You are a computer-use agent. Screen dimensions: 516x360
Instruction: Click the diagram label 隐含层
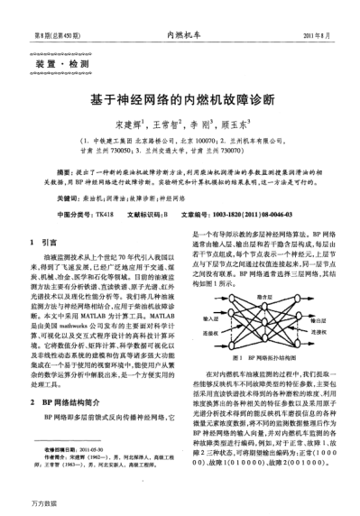pos(264,296)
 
